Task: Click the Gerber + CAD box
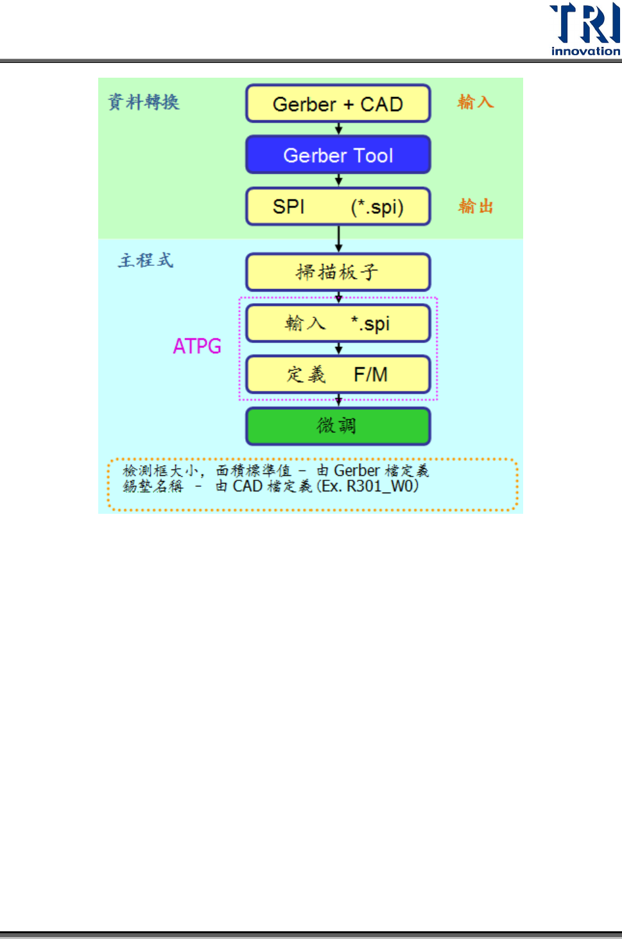338,103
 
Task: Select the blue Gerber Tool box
338,155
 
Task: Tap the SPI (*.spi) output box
338,207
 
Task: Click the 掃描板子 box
338,272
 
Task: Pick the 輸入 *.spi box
338,323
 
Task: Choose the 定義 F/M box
338,374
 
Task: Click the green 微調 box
338,426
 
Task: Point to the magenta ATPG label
197,346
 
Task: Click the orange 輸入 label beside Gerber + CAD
475,102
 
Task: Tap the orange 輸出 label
476,206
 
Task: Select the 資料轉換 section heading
144,101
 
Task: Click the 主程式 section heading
146,260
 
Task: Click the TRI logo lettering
585,23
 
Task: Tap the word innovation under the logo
585,51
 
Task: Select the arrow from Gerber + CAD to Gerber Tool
339,128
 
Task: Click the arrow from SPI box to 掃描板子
339,239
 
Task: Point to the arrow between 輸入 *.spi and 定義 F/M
339,348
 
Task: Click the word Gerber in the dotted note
357,471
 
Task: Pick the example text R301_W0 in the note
382,486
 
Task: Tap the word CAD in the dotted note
247,486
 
